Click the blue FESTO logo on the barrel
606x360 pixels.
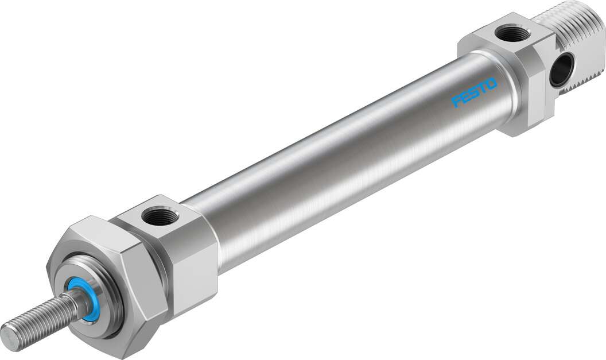click(474, 92)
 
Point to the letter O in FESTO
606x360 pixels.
click(491, 84)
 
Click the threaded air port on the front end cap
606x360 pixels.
click(156, 217)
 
